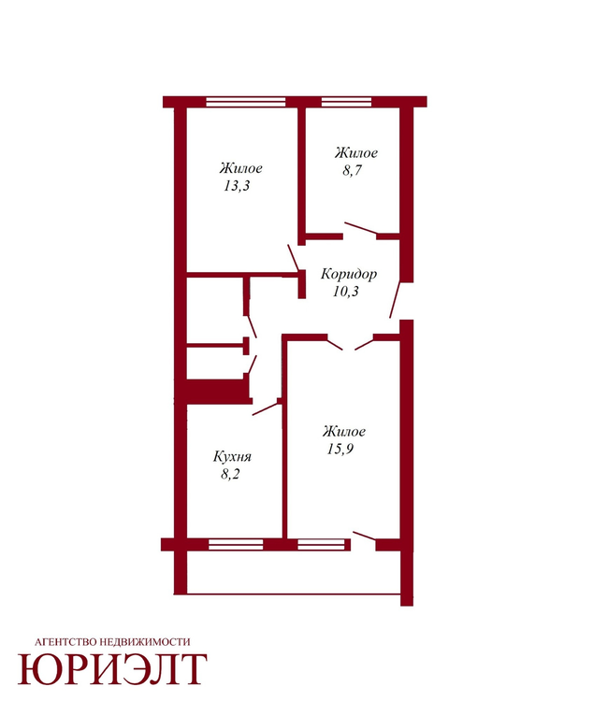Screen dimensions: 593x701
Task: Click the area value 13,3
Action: click(237, 186)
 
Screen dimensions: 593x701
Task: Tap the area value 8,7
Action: click(352, 170)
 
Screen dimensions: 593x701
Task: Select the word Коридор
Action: click(349, 274)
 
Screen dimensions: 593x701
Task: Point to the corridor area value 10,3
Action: click(345, 291)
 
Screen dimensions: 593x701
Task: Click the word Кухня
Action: click(232, 456)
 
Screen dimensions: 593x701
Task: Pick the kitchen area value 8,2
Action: click(230, 474)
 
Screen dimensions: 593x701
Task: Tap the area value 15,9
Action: click(340, 449)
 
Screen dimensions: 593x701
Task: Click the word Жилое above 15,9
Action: click(343, 432)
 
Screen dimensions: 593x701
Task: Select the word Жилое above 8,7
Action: click(355, 153)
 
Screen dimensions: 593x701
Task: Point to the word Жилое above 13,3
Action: click(240, 168)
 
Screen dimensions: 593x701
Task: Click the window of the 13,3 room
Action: click(246, 102)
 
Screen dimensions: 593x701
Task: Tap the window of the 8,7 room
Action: click(346, 102)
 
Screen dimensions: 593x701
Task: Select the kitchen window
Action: click(236, 544)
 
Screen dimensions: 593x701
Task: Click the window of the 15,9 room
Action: click(322, 544)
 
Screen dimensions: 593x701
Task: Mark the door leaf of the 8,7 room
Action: click(361, 228)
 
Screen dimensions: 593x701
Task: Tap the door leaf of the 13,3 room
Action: click(294, 258)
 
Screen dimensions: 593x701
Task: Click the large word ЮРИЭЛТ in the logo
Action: click(112, 669)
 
